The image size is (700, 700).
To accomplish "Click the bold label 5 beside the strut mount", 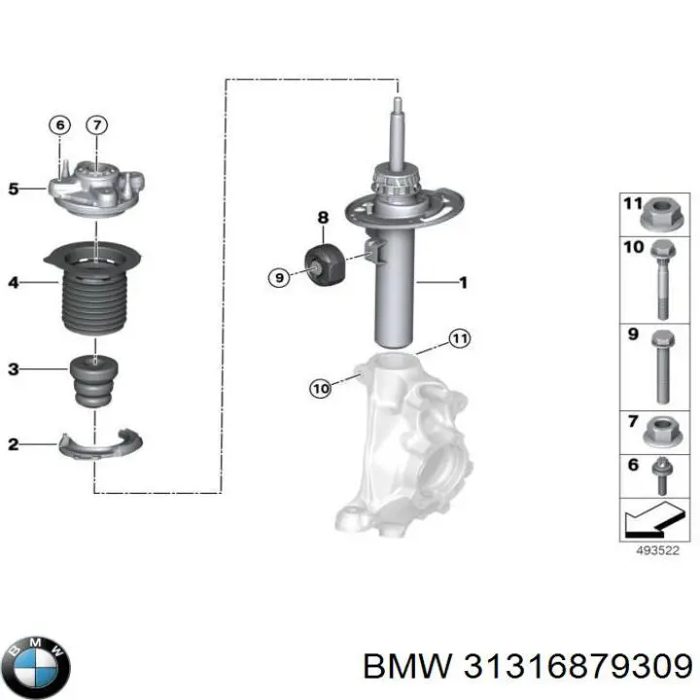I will click(x=13, y=189).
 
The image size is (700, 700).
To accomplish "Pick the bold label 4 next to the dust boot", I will click(x=13, y=283).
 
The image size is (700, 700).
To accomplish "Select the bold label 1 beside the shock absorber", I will click(x=464, y=283).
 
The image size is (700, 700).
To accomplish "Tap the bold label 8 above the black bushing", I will click(x=323, y=217).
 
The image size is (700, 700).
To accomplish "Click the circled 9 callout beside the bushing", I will click(x=278, y=278).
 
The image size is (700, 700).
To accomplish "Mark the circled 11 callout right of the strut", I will click(x=459, y=338).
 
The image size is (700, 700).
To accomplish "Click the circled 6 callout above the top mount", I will click(x=60, y=124).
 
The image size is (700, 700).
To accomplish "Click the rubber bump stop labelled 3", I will click(x=94, y=384).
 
